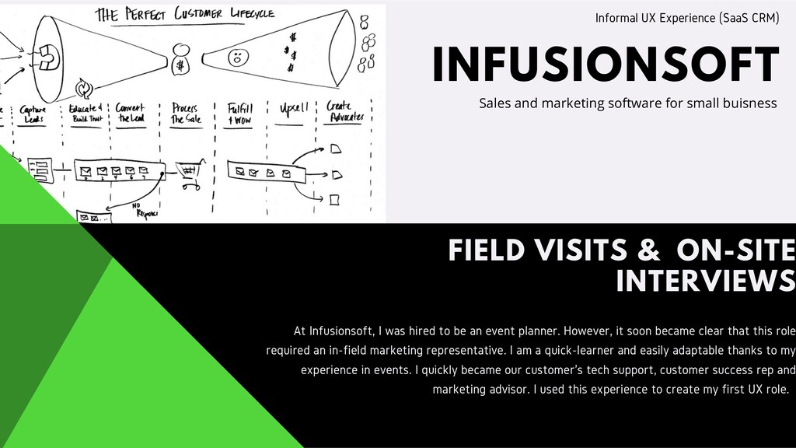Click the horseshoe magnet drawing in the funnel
click(49, 56)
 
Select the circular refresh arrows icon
click(83, 88)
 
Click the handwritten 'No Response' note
click(145, 208)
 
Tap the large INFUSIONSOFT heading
click(606, 64)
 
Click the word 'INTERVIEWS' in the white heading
click(705, 281)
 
